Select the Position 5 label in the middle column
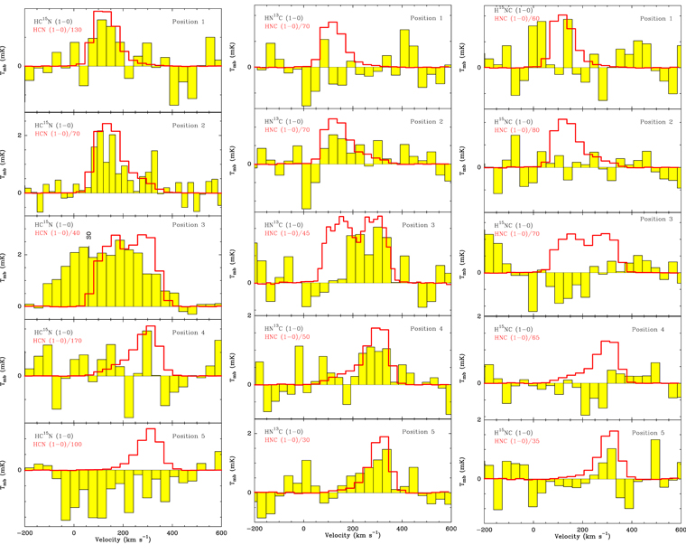[422, 432]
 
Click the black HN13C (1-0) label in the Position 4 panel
[284, 328]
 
